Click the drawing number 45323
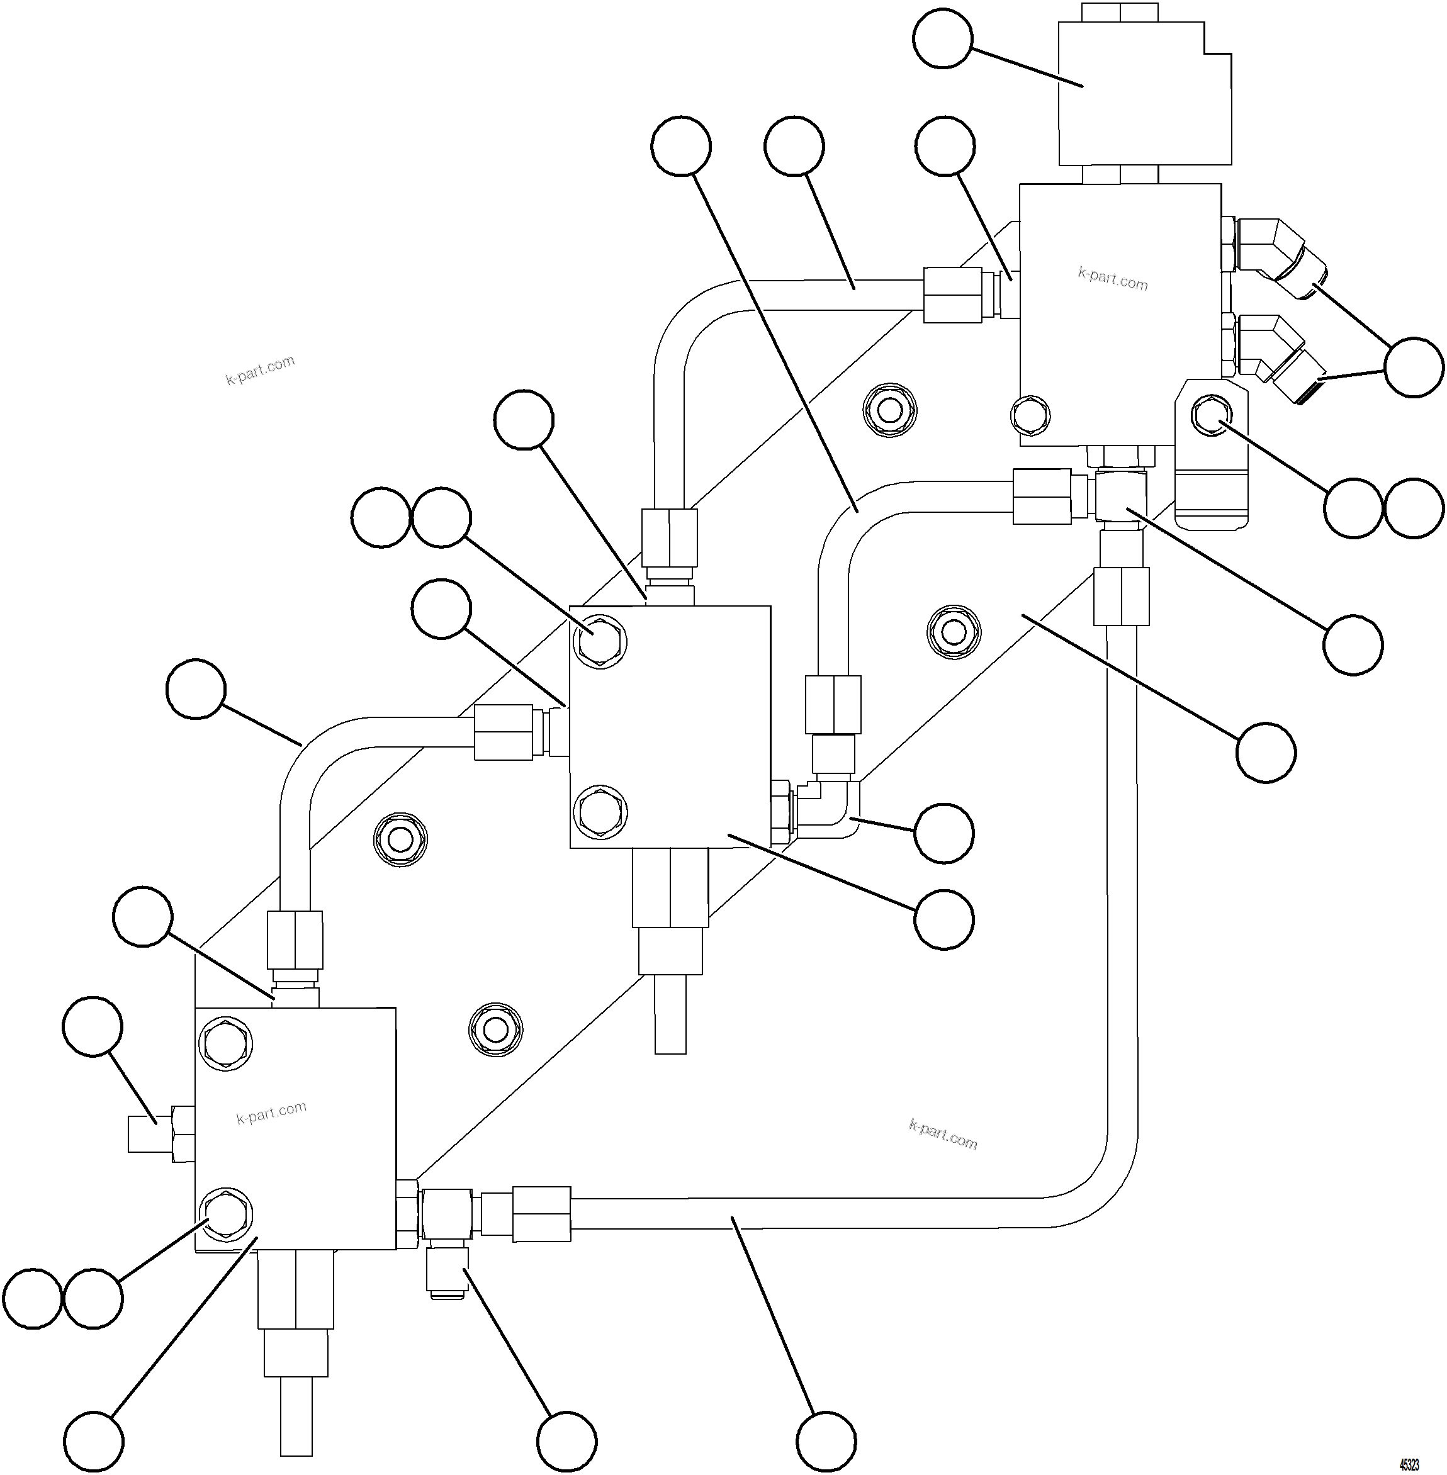click(x=1409, y=1464)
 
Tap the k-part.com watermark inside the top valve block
click(x=1113, y=278)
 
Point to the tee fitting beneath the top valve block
click(x=1121, y=495)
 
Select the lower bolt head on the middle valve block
click(x=600, y=811)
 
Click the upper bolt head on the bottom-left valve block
click(x=226, y=1043)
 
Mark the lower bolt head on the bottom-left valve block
click(x=226, y=1214)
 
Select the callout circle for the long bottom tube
click(x=826, y=1442)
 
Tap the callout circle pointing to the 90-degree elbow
click(x=944, y=833)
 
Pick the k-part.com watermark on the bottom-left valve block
click(x=271, y=1113)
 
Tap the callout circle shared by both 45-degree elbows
click(x=1414, y=367)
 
